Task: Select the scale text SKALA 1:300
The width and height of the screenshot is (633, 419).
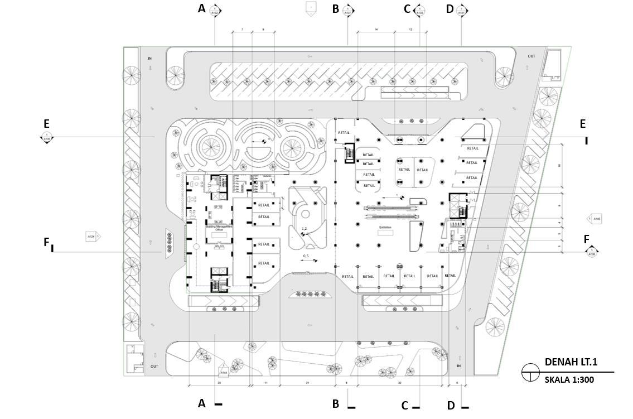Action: [569, 380]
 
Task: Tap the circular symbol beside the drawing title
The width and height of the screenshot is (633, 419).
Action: [530, 372]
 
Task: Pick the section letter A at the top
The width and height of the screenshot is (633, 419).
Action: [202, 8]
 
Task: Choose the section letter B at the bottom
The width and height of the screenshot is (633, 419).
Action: [336, 403]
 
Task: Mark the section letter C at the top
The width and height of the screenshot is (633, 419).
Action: [407, 8]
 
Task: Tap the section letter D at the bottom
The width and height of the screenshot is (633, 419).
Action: [451, 405]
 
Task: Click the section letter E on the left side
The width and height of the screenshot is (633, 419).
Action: [46, 123]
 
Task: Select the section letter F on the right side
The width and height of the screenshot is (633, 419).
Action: [586, 239]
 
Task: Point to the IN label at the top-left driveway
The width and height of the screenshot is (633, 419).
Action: [149, 59]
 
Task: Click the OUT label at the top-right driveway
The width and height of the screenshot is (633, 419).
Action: [531, 56]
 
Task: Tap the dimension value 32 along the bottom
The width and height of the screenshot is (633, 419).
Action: [400, 383]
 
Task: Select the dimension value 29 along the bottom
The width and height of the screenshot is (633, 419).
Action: [219, 383]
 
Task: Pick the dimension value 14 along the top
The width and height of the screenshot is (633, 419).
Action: [376, 29]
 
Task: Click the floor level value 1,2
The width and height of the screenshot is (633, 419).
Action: [305, 229]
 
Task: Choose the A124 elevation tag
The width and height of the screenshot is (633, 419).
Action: [92, 237]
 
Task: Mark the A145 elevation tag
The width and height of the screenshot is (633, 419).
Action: [596, 219]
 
